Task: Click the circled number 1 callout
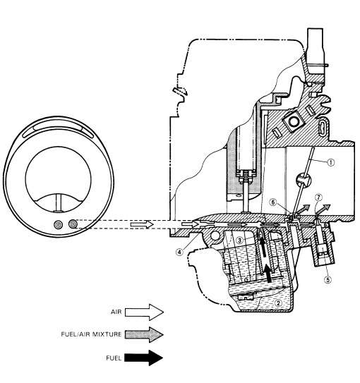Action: (x=330, y=162)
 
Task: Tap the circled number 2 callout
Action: (x=278, y=303)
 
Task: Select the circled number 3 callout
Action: (x=240, y=240)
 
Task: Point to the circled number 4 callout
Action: (x=179, y=252)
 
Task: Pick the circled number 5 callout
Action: (x=328, y=279)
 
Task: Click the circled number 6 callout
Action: (x=273, y=202)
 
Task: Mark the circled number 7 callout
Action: (x=318, y=197)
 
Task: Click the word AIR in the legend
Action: (x=116, y=312)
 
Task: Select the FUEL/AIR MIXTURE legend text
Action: (x=91, y=334)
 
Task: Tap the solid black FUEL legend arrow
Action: (x=144, y=358)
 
